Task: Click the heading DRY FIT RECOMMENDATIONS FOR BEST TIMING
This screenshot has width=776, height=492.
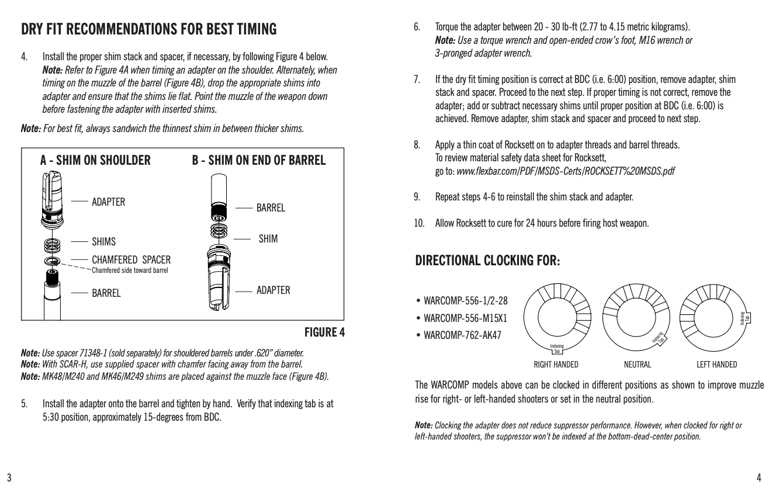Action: point(148,29)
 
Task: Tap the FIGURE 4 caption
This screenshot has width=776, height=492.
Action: point(324,332)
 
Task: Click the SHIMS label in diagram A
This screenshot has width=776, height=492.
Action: point(104,242)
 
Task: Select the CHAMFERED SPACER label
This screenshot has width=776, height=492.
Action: point(131,259)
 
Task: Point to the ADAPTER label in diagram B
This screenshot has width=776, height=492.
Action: point(273,290)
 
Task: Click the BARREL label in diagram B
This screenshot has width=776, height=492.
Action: point(271,208)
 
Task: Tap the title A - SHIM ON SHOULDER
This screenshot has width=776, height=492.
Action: point(95,160)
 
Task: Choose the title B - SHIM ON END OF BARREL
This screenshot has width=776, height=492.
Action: point(259,160)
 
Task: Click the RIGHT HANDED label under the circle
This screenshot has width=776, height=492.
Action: point(556,365)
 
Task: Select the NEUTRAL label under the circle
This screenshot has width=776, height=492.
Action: point(637,365)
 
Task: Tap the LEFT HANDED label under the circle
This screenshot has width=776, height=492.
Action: point(716,365)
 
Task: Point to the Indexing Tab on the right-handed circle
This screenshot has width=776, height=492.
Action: point(557,349)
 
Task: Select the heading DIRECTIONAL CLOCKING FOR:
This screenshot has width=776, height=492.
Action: point(487,261)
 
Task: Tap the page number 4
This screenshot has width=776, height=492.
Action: point(758,477)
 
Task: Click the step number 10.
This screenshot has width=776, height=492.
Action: point(419,223)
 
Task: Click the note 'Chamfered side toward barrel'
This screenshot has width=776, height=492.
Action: point(130,270)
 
